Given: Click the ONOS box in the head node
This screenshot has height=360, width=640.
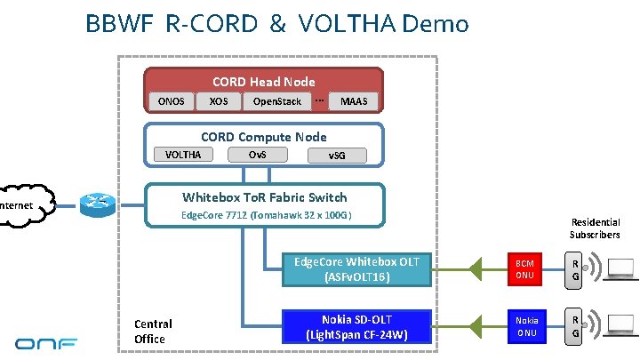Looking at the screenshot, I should tap(172, 101).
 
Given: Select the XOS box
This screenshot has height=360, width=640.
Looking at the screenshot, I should tap(218, 101).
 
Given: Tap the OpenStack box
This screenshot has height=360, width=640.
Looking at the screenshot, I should tap(277, 101).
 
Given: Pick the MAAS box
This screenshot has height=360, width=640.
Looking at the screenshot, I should tap(354, 101).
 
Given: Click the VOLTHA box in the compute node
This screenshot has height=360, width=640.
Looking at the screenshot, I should tap(183, 155).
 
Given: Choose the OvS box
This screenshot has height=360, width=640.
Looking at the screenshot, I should tap(256, 155).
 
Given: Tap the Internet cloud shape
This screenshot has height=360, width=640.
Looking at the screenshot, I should tap(22, 206).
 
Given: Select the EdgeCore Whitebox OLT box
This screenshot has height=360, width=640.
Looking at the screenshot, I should tap(356, 268).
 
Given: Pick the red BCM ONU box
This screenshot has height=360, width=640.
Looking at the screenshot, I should tap(525, 269).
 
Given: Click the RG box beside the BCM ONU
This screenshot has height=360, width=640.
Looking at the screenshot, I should tap(576, 269).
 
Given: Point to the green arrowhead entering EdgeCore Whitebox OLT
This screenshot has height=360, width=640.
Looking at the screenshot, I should tap(476, 268).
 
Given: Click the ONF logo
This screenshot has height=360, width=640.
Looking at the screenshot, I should tap(45, 341).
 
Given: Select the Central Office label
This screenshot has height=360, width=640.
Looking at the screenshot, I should tap(153, 331).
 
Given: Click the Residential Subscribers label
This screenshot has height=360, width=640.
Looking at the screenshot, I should tap(595, 228).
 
